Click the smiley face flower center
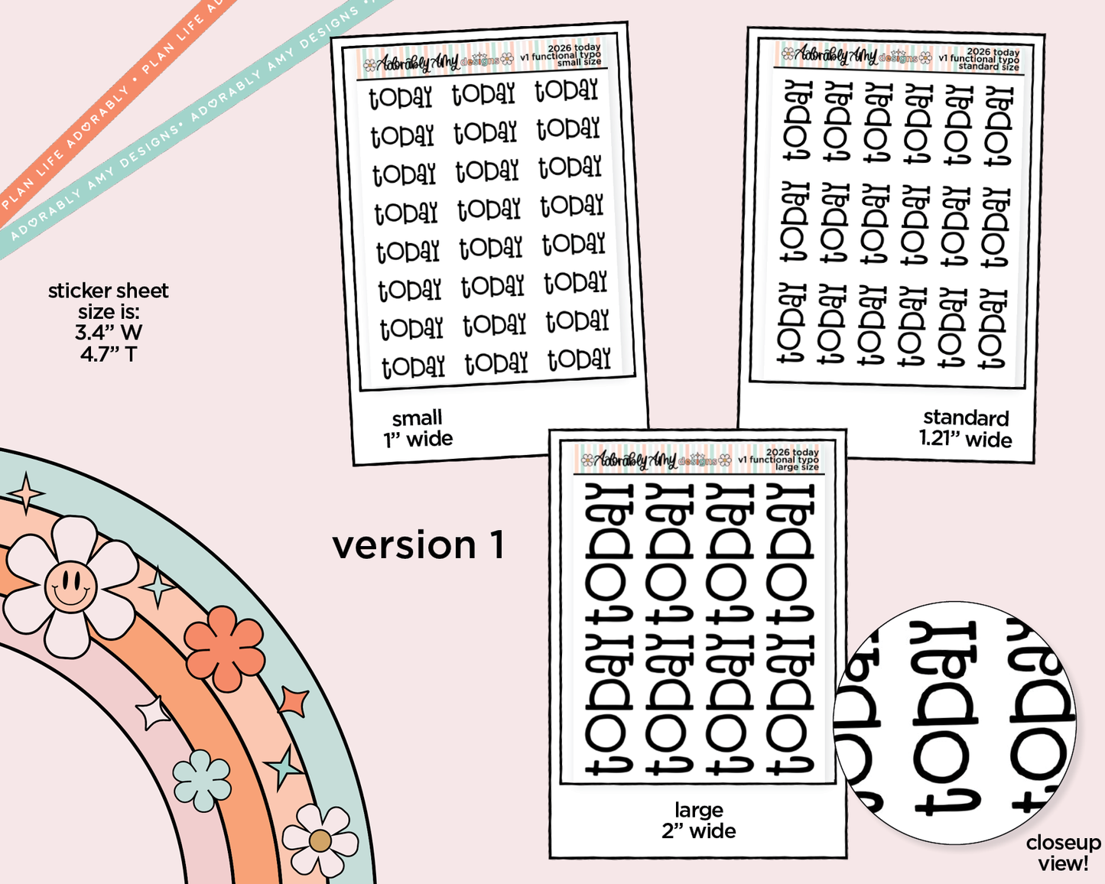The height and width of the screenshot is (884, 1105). click(70, 587)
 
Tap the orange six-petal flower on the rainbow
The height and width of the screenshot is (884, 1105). click(225, 648)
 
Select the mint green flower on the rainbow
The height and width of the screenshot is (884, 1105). click(201, 780)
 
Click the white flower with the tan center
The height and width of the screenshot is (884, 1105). click(320, 841)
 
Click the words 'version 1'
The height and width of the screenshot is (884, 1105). click(418, 545)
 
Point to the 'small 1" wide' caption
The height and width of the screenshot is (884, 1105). click(418, 428)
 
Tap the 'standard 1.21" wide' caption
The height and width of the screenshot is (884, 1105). click(965, 429)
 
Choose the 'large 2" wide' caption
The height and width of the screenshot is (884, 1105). click(698, 821)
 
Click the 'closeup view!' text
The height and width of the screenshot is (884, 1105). click(1063, 853)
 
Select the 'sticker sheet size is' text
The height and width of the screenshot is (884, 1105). click(108, 301)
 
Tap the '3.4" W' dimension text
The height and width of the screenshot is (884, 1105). click(109, 333)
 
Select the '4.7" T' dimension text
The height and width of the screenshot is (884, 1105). click(109, 354)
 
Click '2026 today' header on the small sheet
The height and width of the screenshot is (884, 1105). click(574, 48)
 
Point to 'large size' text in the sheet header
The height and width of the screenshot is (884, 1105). click(797, 466)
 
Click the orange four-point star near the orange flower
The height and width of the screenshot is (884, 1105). click(294, 701)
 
